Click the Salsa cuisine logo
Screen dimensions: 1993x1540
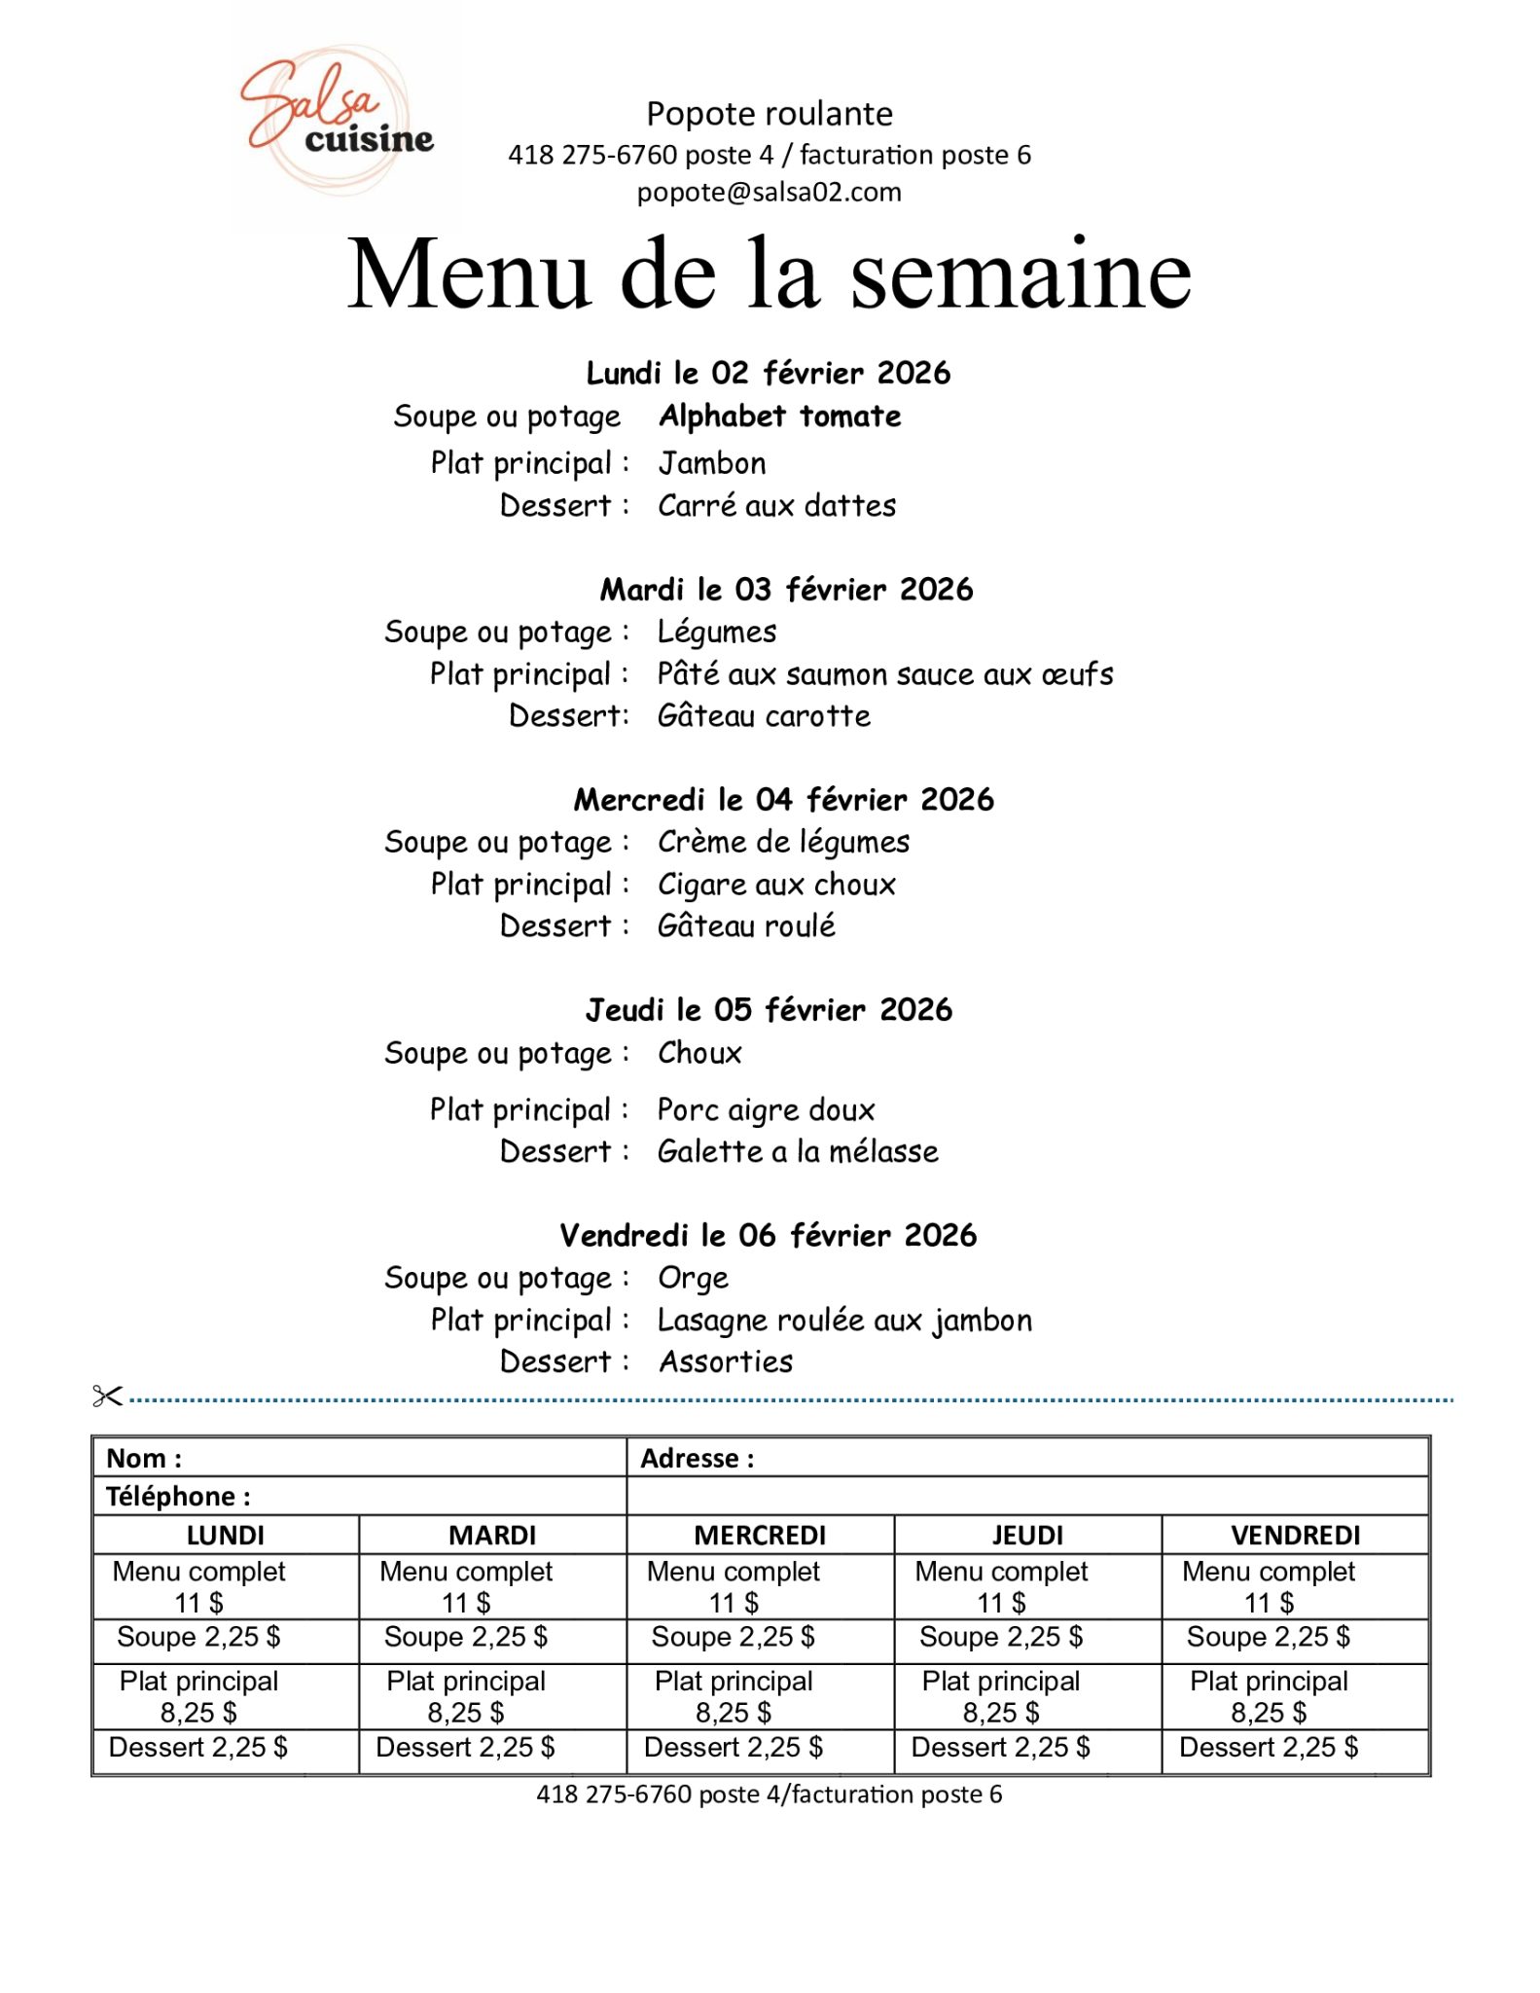point(336,121)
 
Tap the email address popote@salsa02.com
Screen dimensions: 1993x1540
point(769,192)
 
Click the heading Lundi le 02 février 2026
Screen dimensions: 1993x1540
point(768,373)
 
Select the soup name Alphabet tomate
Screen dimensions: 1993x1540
point(779,417)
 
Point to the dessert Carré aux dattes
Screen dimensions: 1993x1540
point(776,506)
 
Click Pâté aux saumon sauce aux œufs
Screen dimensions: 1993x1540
point(884,674)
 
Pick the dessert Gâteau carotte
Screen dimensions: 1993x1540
point(764,716)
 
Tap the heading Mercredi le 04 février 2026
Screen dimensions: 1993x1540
point(783,800)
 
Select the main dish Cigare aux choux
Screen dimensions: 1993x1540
point(776,885)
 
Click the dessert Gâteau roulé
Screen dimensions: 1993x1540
point(746,925)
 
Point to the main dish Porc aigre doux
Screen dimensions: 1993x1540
point(766,1110)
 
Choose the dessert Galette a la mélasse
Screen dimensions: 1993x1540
point(798,1152)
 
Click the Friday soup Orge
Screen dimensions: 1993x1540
point(693,1278)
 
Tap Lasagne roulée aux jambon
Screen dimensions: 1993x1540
point(844,1321)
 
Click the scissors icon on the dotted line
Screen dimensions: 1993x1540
point(107,1396)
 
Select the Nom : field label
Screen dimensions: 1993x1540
point(144,1458)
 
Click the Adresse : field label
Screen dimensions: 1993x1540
point(697,1458)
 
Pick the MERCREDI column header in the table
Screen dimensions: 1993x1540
point(760,1535)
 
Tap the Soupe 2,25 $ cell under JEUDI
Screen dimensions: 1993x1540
point(1001,1637)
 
